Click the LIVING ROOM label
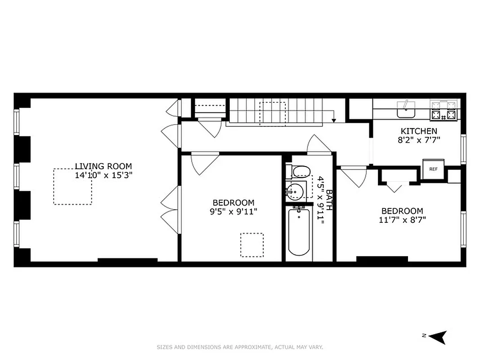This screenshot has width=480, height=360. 103,166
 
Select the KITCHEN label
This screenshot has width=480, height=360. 419,131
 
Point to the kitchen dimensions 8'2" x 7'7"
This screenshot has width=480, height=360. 419,139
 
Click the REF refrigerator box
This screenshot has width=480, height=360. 433,169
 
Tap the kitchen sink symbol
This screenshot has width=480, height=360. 406,109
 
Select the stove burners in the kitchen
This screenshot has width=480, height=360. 444,111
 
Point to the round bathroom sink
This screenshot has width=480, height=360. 296,191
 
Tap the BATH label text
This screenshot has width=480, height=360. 329,200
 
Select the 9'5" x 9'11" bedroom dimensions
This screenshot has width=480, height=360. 233,211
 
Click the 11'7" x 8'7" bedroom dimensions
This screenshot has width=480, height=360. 402,220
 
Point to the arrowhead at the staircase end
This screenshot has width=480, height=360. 334,120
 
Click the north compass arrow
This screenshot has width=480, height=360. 439,337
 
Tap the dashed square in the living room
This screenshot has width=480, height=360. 73,187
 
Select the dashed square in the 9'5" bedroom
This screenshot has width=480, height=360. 251,245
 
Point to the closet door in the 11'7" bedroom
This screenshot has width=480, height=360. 395,187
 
